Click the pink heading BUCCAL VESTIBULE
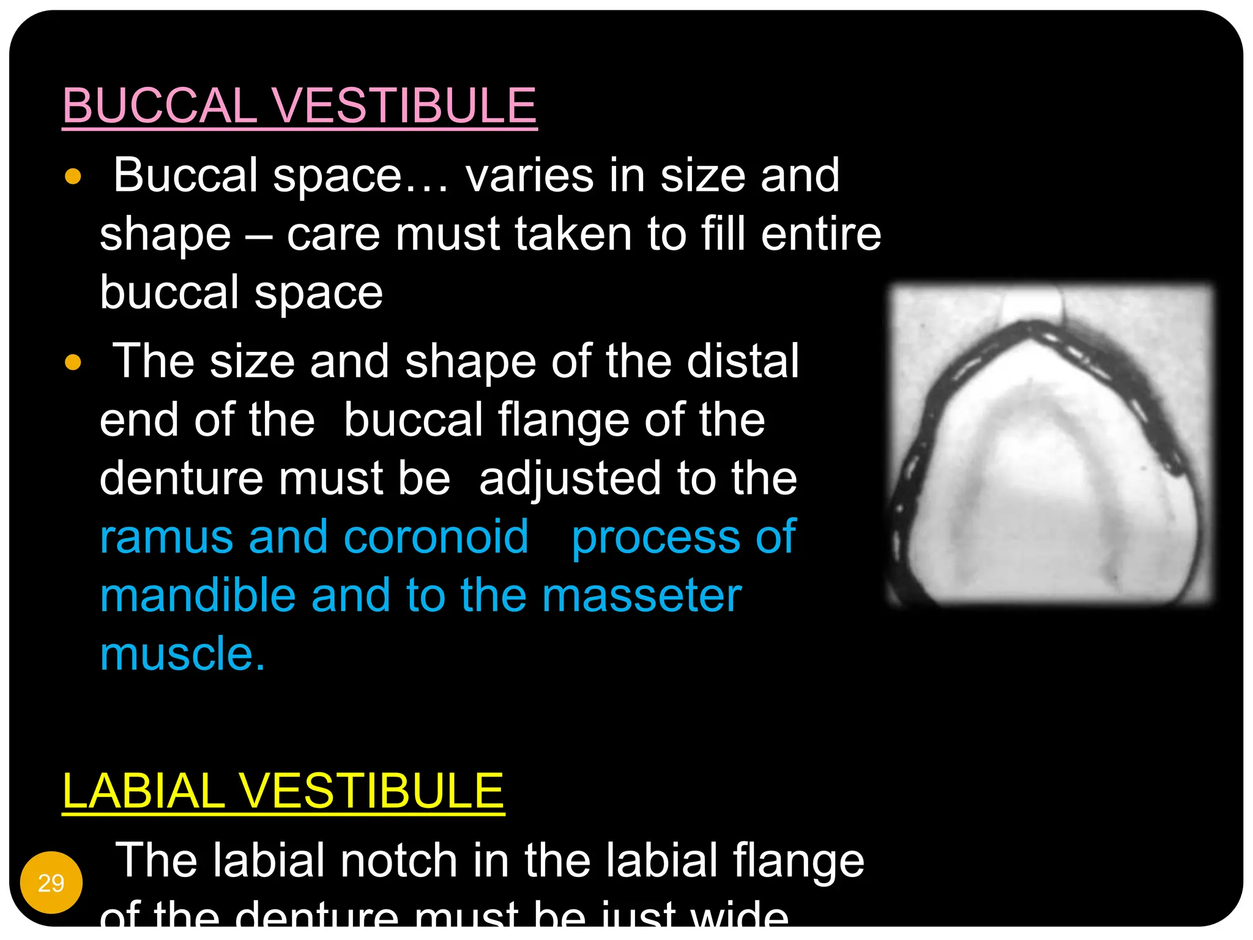pos(300,105)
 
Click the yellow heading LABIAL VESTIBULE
pos(283,791)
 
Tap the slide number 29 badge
pos(51,882)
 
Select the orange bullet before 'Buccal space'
pos(73,177)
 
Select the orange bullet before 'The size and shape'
pos(73,362)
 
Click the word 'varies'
pos(529,176)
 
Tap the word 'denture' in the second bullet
pos(182,479)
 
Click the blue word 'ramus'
pos(166,537)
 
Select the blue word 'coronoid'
pos(436,537)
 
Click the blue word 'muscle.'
pos(182,654)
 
